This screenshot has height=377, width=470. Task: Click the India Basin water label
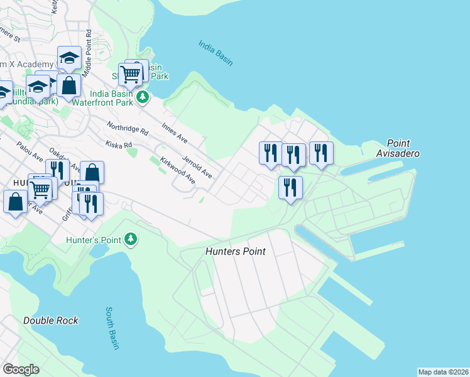coord(216,53)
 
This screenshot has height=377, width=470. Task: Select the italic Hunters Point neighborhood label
coord(236,251)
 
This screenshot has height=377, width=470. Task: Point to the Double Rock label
coord(51,320)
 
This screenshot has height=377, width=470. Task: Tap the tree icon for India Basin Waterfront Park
coord(143,97)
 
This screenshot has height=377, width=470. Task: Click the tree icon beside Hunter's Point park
coord(131,239)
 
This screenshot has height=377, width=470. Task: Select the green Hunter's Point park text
coord(95,239)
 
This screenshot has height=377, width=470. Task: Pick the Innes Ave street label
coord(175,133)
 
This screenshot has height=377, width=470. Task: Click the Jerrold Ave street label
coord(197,162)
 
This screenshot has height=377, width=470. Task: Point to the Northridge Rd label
coord(128,128)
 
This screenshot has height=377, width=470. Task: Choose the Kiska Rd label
coord(119,145)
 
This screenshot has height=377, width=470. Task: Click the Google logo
coord(21,369)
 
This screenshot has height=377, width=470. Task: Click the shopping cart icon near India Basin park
coord(131,75)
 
